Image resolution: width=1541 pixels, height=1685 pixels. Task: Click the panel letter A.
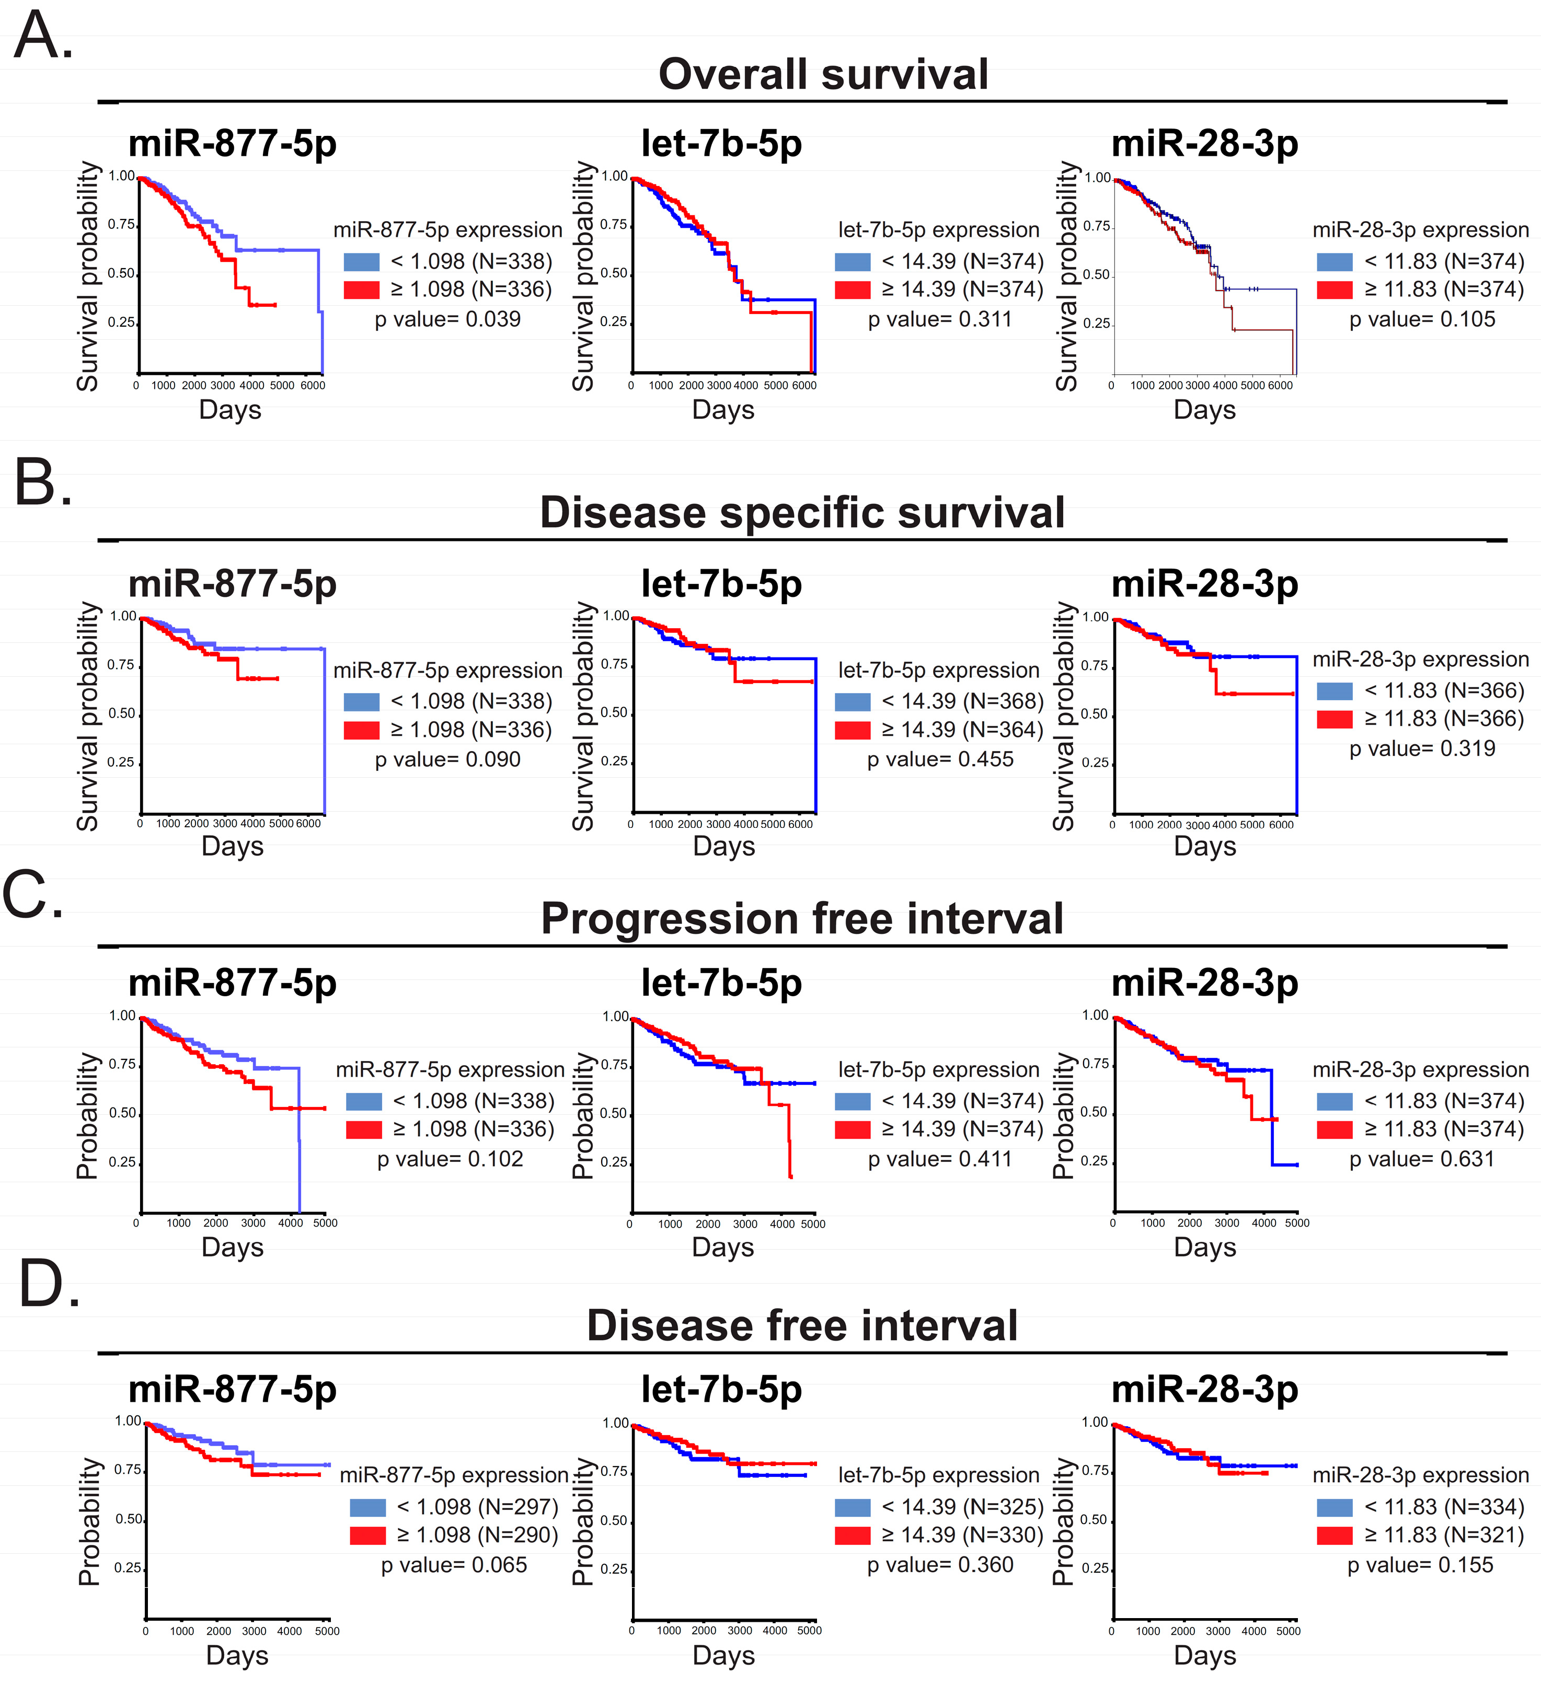point(43,37)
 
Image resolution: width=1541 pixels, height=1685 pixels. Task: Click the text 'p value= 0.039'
point(447,319)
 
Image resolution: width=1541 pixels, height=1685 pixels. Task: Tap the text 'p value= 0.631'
point(1421,1159)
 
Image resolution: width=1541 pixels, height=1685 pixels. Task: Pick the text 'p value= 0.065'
point(454,1565)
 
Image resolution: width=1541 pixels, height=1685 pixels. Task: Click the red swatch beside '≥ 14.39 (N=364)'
point(853,730)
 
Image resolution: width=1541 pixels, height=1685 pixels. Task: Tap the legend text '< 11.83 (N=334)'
point(1444,1507)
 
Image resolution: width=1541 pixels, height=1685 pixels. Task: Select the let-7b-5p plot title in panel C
point(721,983)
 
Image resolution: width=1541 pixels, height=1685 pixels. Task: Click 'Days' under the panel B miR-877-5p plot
point(233,846)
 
